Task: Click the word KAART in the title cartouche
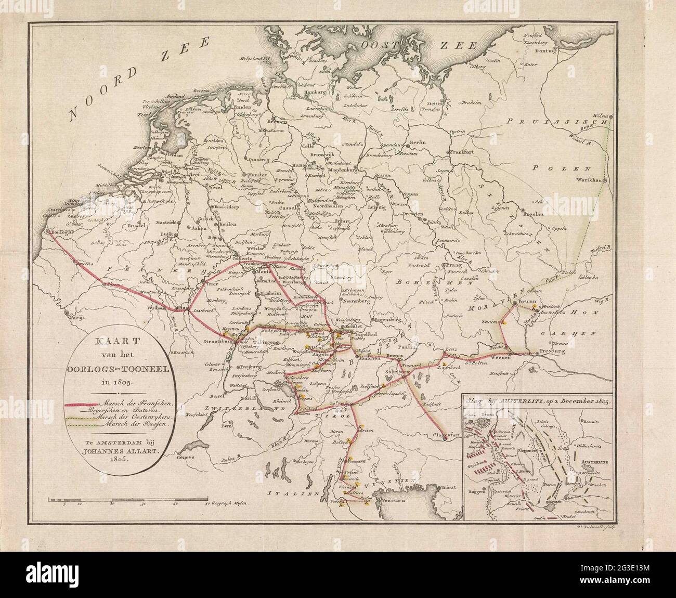[x=107, y=344]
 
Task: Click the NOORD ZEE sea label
[x=140, y=78]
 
